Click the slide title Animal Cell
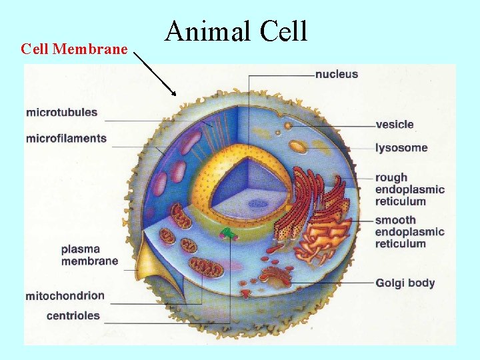click(236, 31)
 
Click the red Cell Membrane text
click(74, 49)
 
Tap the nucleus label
click(337, 74)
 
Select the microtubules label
click(61, 113)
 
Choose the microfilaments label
click(66, 139)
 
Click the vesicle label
click(395, 124)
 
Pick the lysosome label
click(401, 147)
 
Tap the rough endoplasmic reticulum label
click(409, 189)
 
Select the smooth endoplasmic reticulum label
click(409, 231)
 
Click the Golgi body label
click(405, 283)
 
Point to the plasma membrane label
click(89, 255)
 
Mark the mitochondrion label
click(65, 295)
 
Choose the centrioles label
click(73, 315)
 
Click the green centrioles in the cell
click(229, 233)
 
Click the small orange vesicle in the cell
click(287, 125)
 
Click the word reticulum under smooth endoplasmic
click(400, 243)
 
